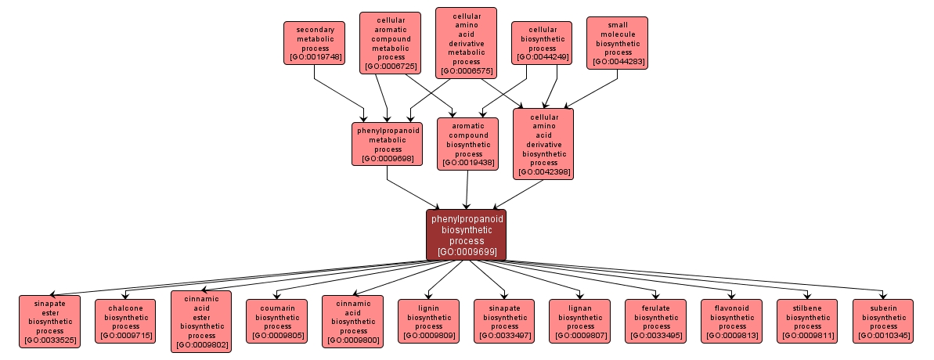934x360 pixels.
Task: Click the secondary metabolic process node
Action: pos(314,42)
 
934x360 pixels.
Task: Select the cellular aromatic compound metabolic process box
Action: pos(390,42)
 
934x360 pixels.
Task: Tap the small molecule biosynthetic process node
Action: pos(618,43)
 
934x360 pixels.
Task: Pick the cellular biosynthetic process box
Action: pos(542,42)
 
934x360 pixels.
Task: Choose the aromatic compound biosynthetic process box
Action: pos(468,144)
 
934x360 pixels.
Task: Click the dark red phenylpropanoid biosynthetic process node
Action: pos(466,235)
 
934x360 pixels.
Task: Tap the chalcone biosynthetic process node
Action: pos(125,321)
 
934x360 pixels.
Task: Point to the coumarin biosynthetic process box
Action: pos(276,321)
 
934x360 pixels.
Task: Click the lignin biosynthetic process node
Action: pos(428,321)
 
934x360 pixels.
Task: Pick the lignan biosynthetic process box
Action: pos(579,321)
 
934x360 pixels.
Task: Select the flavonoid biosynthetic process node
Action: pos(731,321)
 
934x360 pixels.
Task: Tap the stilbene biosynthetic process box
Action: pos(807,321)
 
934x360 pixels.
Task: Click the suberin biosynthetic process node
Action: pos(883,321)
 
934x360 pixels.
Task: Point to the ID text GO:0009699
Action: pos(467,252)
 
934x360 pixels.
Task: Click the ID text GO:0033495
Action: pos(655,337)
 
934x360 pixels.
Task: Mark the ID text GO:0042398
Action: pos(543,172)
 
